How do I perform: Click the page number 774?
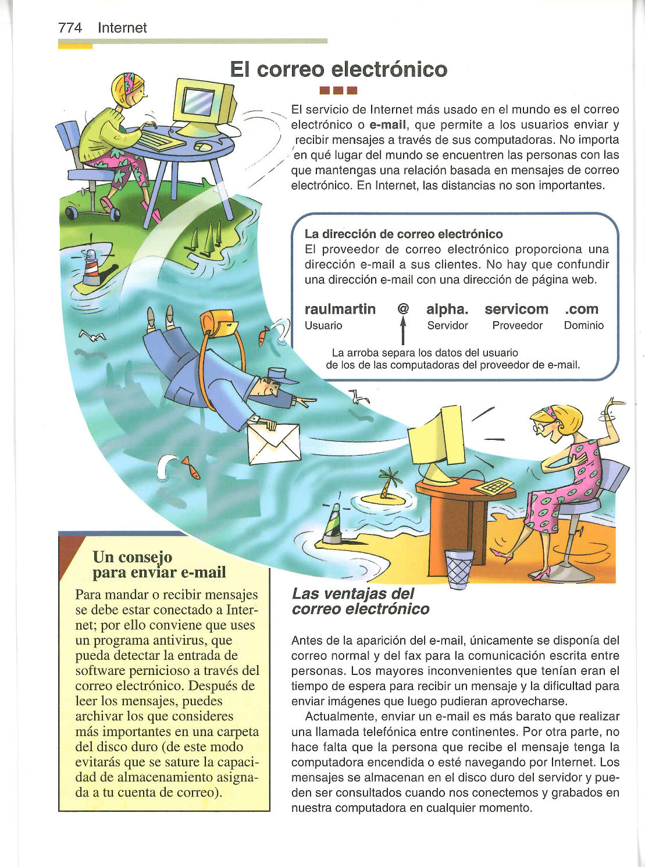point(70,28)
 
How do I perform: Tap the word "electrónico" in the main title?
point(389,70)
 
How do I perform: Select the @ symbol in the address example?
point(402,309)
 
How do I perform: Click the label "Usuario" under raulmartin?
point(323,326)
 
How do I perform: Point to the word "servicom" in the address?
point(516,309)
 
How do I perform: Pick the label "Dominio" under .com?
point(583,326)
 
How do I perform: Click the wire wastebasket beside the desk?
point(459,569)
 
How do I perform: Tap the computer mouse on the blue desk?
point(203,147)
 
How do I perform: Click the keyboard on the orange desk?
point(493,486)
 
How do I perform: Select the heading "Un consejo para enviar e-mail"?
point(159,564)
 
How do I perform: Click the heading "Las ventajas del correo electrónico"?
point(360,601)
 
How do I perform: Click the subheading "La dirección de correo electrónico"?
point(404,234)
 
